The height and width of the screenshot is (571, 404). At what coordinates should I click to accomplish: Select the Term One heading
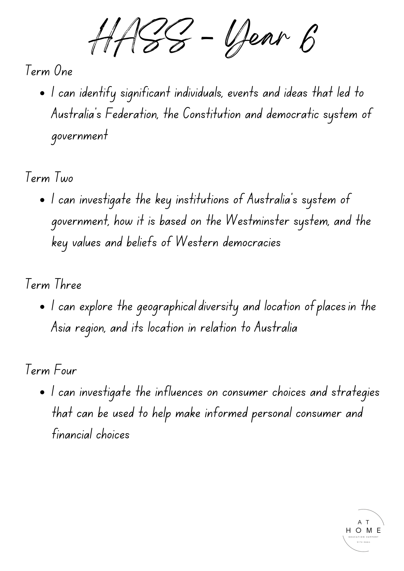[49, 71]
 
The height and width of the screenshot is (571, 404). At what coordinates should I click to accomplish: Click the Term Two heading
[49, 178]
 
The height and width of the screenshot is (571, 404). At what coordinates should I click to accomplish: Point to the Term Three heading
[53, 285]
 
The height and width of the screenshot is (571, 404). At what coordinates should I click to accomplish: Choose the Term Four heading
[51, 370]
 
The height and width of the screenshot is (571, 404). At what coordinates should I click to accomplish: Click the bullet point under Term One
[42, 93]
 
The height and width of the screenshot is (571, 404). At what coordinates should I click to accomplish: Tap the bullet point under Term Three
[42, 307]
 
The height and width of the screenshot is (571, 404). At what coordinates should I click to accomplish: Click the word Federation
[132, 114]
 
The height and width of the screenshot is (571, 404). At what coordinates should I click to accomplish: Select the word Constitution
[212, 114]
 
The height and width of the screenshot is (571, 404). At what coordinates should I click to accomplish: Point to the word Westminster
[257, 221]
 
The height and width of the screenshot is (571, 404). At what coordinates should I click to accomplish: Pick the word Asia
[61, 328]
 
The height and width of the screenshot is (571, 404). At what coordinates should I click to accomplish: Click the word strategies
[355, 392]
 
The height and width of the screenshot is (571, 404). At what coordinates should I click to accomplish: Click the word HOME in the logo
[363, 530]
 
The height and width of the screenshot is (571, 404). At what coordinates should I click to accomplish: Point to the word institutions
[202, 199]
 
